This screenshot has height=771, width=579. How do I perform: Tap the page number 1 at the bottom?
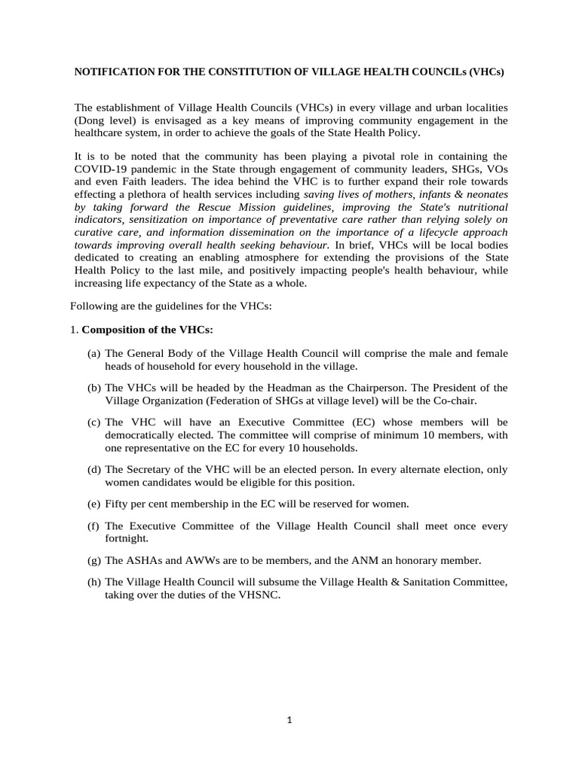pyautogui.click(x=289, y=720)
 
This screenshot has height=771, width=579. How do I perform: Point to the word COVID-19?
pyautogui.click(x=103, y=169)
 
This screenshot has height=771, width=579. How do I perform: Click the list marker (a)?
pyautogui.click(x=94, y=353)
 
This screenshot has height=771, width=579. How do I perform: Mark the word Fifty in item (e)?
pyautogui.click(x=118, y=504)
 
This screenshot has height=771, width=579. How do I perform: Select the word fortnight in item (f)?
pyautogui.click(x=127, y=539)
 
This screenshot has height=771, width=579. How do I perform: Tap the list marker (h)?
pyautogui.click(x=94, y=582)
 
